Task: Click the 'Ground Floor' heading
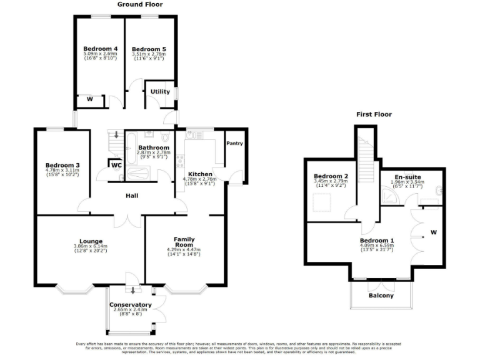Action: [x=140, y=4]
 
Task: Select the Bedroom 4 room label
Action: [x=101, y=49]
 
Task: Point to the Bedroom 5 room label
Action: [x=149, y=49]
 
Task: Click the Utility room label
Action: [x=161, y=91]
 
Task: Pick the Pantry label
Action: [x=235, y=144]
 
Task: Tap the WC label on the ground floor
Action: [x=116, y=165]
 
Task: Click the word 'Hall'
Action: [x=132, y=196]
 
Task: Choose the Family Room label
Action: [x=184, y=242]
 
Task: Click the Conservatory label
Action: [x=131, y=304]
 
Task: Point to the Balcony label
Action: [x=381, y=296]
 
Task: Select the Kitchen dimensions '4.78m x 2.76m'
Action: [x=199, y=179]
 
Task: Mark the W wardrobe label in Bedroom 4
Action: [x=89, y=99]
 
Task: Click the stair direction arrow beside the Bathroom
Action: [x=116, y=135]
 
